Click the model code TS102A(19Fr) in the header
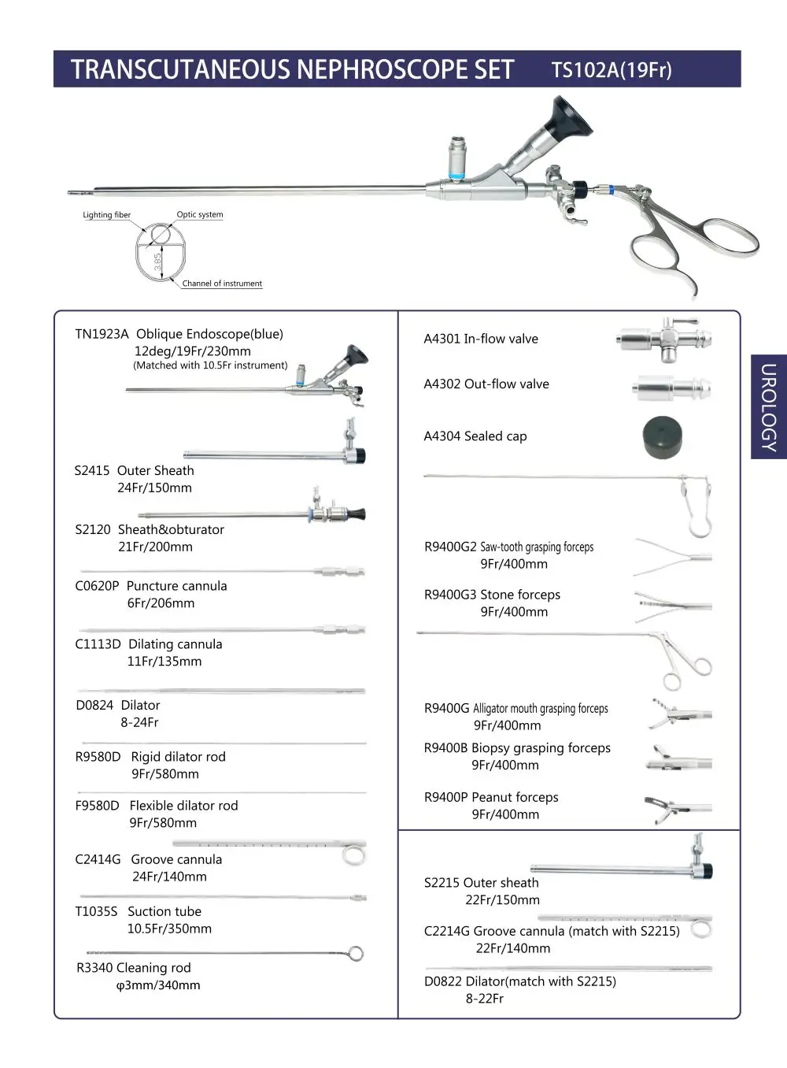tap(611, 70)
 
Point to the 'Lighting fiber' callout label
tap(106, 215)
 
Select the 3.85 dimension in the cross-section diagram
tap(157, 261)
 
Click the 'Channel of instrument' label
tap(222, 284)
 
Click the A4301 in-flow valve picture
tap(664, 340)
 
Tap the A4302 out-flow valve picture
tap(671, 388)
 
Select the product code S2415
tap(92, 471)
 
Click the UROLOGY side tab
tap(768, 406)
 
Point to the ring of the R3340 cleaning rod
tap(356, 954)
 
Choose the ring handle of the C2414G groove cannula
tap(354, 855)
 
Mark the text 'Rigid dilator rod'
tap(178, 757)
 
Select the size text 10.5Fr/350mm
tap(169, 929)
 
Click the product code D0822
tap(442, 981)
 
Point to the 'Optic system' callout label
tap(200, 214)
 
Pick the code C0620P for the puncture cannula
tap(97, 586)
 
